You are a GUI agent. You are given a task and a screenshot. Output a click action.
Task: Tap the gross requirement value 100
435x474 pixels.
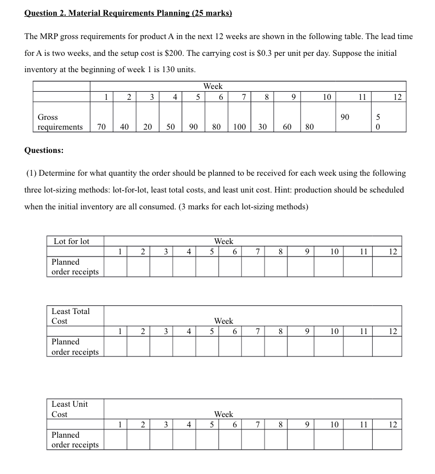click(x=239, y=127)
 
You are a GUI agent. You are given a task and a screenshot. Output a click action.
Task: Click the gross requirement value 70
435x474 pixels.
click(x=101, y=127)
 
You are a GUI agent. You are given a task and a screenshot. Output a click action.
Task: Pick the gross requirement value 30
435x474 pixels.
click(x=263, y=127)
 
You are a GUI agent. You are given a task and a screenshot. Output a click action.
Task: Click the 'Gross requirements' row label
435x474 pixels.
click(x=60, y=122)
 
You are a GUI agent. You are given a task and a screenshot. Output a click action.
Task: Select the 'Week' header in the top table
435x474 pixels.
click(x=213, y=86)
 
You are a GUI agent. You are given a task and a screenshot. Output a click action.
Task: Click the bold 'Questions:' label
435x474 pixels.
click(x=43, y=150)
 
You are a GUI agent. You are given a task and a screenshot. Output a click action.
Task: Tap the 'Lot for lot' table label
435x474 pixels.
click(x=71, y=241)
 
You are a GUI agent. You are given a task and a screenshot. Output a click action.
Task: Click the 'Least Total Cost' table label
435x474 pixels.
click(x=71, y=316)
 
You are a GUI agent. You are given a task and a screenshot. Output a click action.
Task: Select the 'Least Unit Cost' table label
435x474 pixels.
click(x=69, y=409)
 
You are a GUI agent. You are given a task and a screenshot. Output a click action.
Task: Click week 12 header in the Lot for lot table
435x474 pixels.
click(x=394, y=252)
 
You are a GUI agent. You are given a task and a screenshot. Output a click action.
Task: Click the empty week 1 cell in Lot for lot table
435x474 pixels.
click(x=116, y=267)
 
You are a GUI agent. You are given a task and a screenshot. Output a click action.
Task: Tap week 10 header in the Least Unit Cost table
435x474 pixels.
click(x=335, y=425)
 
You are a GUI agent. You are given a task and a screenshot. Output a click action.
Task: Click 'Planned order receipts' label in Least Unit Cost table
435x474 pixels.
click(x=75, y=440)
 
